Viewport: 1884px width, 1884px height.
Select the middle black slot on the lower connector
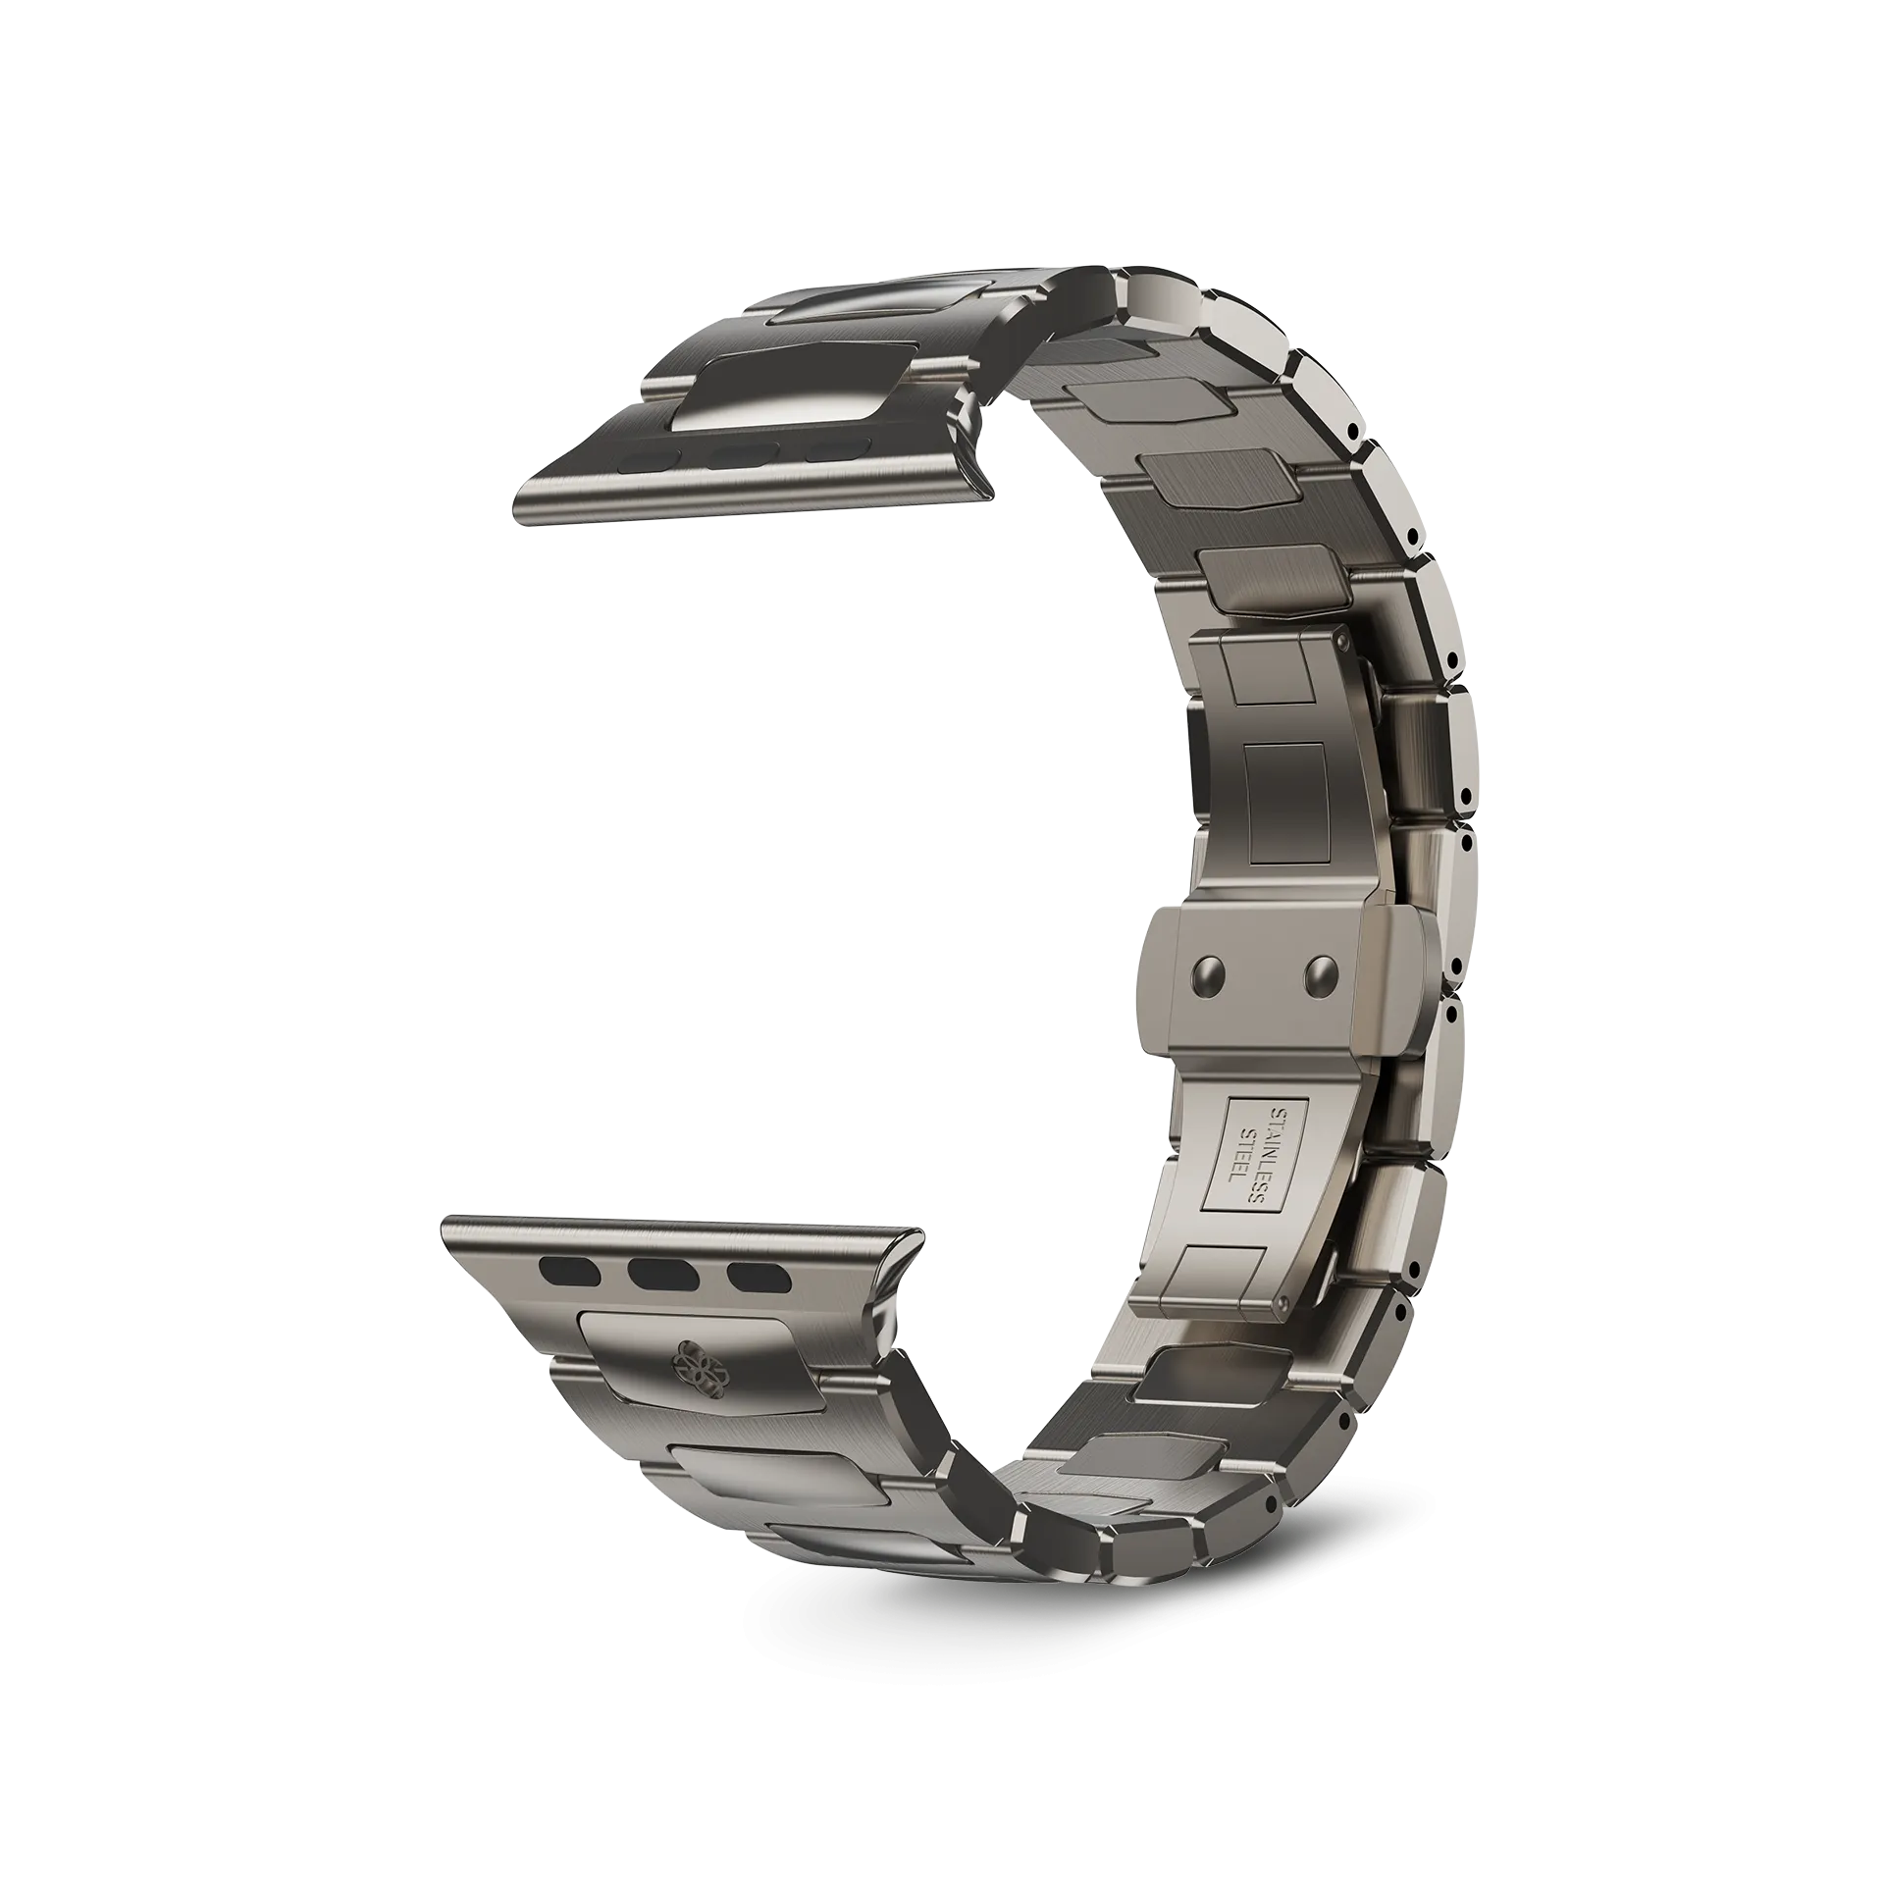pyautogui.click(x=664, y=1275)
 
